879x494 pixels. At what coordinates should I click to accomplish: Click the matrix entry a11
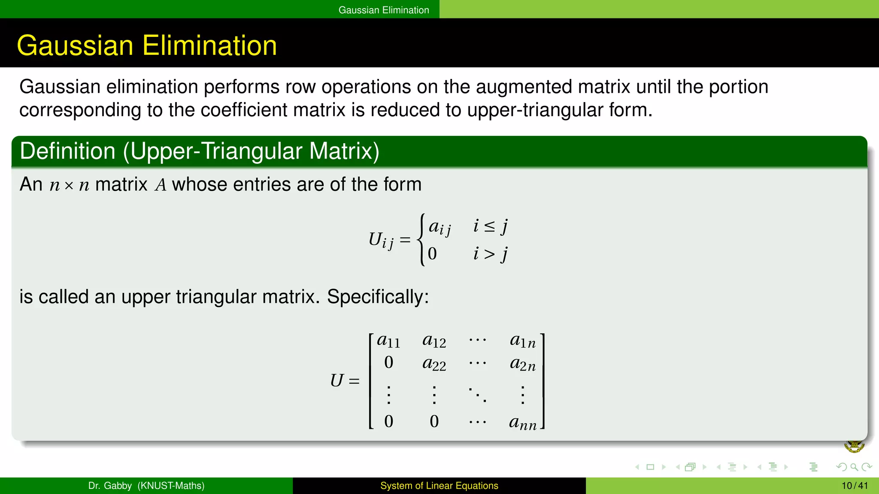pyautogui.click(x=388, y=341)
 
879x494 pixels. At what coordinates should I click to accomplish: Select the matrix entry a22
pyautogui.click(x=434, y=364)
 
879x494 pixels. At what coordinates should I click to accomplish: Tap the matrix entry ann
pyautogui.click(x=522, y=423)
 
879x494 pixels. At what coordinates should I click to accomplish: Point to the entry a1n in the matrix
pyautogui.click(x=522, y=341)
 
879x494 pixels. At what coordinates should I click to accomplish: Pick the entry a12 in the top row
pyautogui.click(x=434, y=341)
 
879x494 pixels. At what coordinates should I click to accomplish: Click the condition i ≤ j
pyautogui.click(x=490, y=226)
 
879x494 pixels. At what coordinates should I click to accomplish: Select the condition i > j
pyautogui.click(x=490, y=254)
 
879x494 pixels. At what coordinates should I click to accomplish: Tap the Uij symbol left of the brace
pyautogui.click(x=381, y=240)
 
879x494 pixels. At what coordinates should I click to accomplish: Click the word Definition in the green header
pyautogui.click(x=67, y=151)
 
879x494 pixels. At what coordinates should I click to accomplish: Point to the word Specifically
pyautogui.click(x=378, y=297)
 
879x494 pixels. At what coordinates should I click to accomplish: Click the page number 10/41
pyautogui.click(x=855, y=486)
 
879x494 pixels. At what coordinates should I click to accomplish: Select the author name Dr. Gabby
pyautogui.click(x=110, y=486)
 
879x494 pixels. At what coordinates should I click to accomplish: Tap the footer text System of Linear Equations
pyautogui.click(x=439, y=486)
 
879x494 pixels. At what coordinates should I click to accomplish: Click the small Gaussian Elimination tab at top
pyautogui.click(x=383, y=10)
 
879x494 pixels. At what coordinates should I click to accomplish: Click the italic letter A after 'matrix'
pyautogui.click(x=161, y=185)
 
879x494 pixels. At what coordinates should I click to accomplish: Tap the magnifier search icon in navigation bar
pyautogui.click(x=854, y=467)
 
